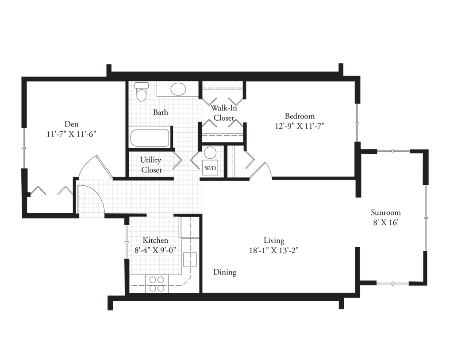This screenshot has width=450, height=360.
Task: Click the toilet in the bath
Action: [x=142, y=92]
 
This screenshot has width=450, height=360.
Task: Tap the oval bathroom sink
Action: [x=178, y=89]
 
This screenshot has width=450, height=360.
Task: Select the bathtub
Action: [x=150, y=138]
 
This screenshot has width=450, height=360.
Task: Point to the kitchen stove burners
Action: [x=157, y=283]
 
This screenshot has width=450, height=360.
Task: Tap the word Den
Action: [x=72, y=124]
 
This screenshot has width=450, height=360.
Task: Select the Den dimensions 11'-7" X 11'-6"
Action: [x=72, y=134]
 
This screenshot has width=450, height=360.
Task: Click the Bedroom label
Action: [x=300, y=116]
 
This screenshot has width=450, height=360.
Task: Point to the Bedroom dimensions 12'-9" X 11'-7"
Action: [x=300, y=126]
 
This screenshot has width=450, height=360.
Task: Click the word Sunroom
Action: [x=386, y=213]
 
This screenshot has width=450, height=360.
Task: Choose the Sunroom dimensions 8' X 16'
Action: [x=386, y=222]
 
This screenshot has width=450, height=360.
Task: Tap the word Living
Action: [x=274, y=241]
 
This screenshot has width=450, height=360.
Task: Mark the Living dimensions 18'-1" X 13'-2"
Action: [x=274, y=250]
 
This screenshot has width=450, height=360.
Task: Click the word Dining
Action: [x=225, y=272]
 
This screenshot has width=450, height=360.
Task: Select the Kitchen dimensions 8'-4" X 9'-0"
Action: [x=155, y=250]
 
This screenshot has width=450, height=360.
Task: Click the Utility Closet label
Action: [x=151, y=165]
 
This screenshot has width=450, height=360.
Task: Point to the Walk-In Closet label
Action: [x=224, y=113]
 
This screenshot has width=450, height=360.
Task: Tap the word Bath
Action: [x=161, y=112]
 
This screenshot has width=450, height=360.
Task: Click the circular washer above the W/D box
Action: [x=210, y=153]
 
